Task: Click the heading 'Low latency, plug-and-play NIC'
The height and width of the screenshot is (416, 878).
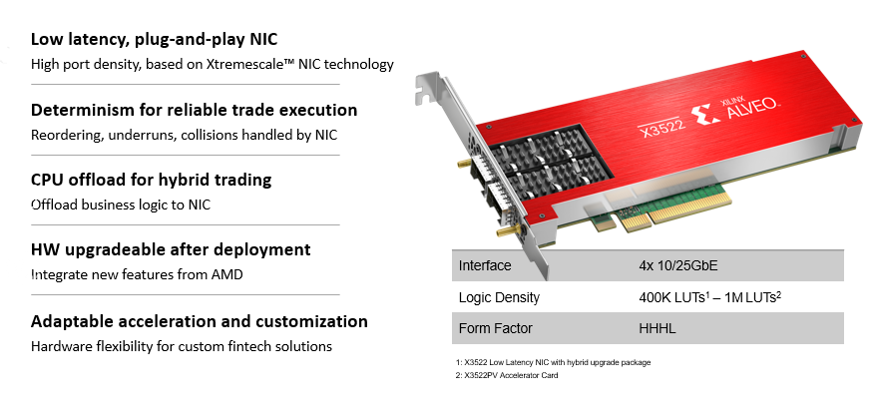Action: pyautogui.click(x=154, y=40)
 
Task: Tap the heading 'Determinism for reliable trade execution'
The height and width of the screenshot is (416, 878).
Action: pyautogui.click(x=194, y=110)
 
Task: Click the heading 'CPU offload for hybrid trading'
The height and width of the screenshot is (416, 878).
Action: pyautogui.click(x=151, y=180)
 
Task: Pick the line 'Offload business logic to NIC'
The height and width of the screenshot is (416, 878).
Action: pyautogui.click(x=121, y=205)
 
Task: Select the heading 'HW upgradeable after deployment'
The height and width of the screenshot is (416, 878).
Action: pyautogui.click(x=171, y=249)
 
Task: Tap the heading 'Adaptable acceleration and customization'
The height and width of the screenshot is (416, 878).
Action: pyautogui.click(x=200, y=321)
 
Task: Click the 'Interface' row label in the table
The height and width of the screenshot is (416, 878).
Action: pyautogui.click(x=485, y=265)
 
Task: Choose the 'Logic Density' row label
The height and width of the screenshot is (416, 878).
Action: pyautogui.click(x=499, y=297)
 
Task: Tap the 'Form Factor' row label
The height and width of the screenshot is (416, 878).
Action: pyautogui.click(x=495, y=328)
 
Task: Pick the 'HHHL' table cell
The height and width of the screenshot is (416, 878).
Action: pyautogui.click(x=658, y=328)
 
